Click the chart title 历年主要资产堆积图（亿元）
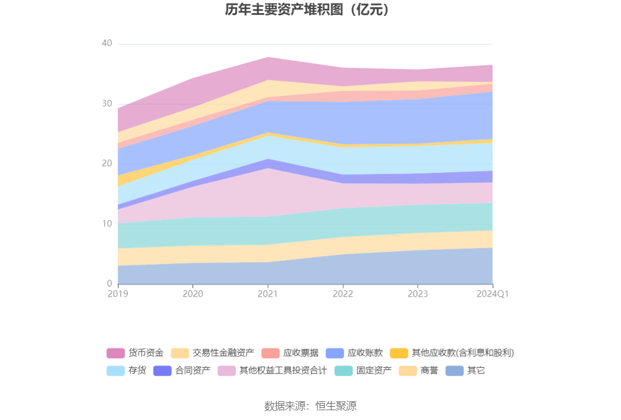pos(310,10)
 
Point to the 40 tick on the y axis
pos(107,44)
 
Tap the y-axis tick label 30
pos(107,104)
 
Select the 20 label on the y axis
pos(107,163)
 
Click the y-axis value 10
pos(107,224)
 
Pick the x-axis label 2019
pos(118,294)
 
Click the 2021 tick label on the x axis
pos(268,294)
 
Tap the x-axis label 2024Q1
pos(492,294)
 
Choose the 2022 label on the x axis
pos(343,294)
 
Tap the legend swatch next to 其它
pos(455,371)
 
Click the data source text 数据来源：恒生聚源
pos(310,406)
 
